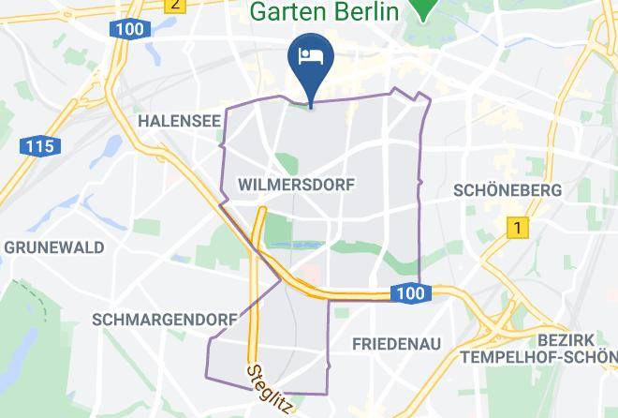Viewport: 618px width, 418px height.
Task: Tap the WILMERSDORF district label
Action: tap(297, 185)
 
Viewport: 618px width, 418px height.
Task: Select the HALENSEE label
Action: tap(178, 121)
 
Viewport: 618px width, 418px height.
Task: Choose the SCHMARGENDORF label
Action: tap(165, 320)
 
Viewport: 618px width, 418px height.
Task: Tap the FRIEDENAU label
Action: tap(396, 344)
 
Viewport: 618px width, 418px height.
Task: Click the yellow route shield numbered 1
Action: tap(515, 227)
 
